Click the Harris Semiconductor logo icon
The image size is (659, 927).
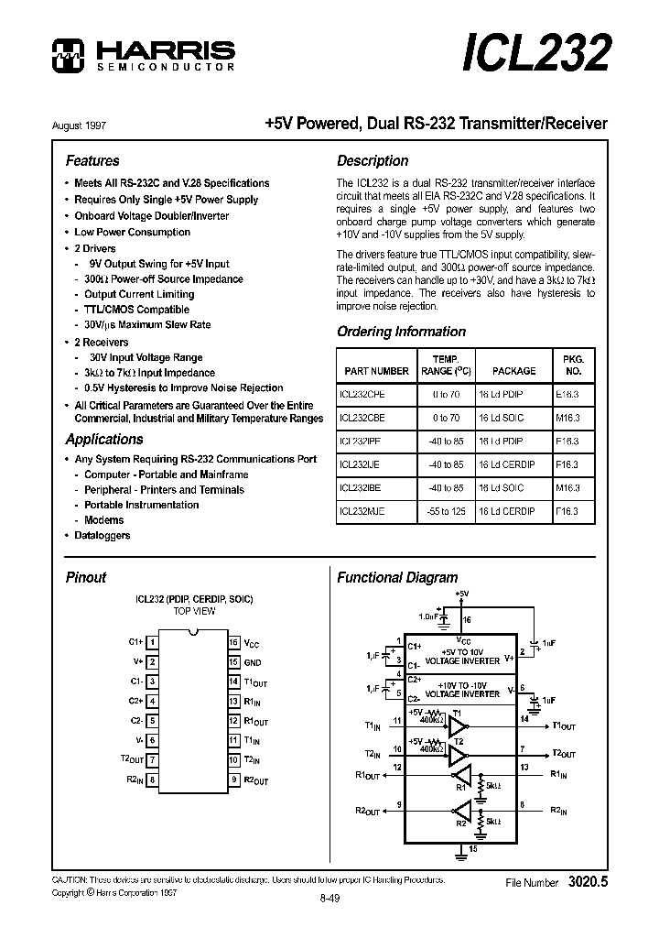(x=68, y=55)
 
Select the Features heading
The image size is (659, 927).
(x=92, y=160)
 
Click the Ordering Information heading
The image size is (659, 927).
(x=401, y=332)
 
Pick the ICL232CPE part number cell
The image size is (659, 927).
(x=362, y=392)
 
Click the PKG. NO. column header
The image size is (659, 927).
(x=573, y=365)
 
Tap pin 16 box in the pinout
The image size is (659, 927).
(x=234, y=643)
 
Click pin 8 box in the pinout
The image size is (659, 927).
(x=152, y=780)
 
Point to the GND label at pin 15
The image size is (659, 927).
(x=252, y=662)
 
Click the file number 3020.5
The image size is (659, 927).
(x=588, y=882)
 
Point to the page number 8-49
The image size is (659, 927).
(x=329, y=899)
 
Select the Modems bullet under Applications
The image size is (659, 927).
(x=103, y=520)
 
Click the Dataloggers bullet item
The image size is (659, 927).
(x=102, y=535)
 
